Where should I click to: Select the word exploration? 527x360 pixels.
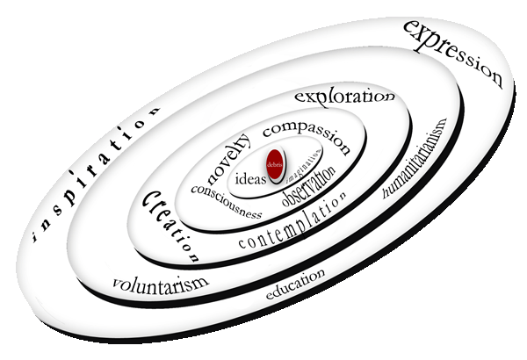point(343,96)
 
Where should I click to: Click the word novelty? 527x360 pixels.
point(228,155)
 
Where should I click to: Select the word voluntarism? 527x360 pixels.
point(161,284)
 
